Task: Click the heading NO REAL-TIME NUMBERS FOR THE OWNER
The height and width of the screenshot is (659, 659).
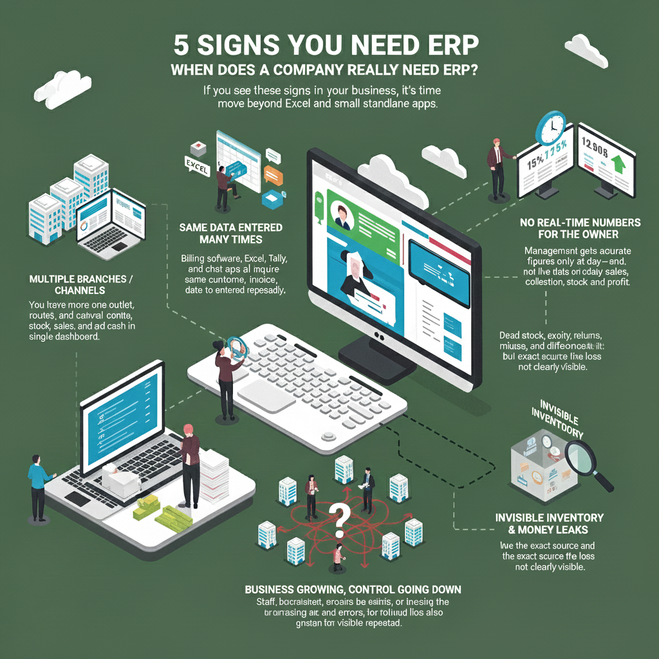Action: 580,228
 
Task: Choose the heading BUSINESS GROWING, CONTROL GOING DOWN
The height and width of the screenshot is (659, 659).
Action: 353,589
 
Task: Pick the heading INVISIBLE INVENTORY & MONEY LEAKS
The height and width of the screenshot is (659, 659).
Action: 549,523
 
